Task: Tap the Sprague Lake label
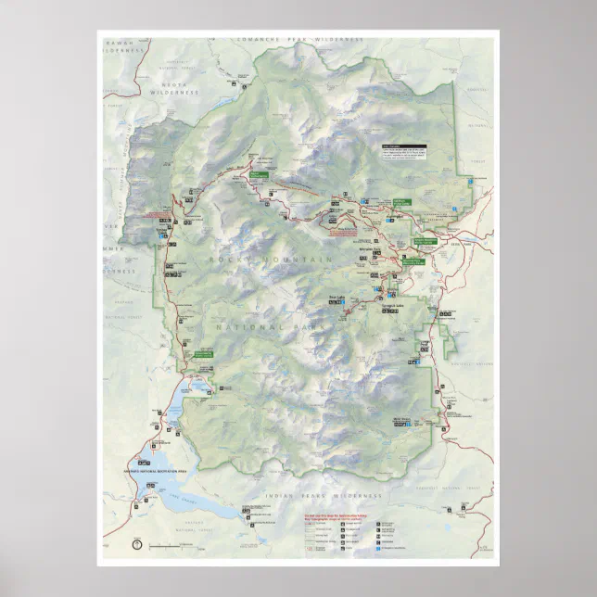point(395,305)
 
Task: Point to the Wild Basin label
point(400,419)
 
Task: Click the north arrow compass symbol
point(136,544)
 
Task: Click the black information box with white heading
point(405,150)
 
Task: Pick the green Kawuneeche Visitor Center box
point(203,354)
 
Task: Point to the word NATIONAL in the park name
point(248,327)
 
